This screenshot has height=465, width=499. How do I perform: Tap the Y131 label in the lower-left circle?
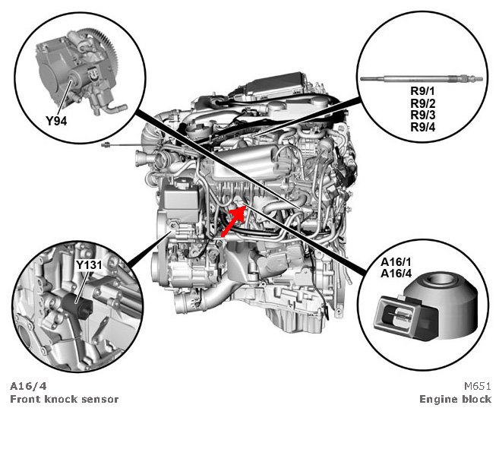[x=90, y=264]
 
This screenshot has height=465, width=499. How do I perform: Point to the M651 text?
[x=477, y=386]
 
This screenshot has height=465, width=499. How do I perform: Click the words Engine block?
[x=455, y=400]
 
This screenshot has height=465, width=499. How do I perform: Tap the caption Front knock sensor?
[x=64, y=400]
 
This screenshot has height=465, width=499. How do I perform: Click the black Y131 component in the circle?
[x=81, y=308]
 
